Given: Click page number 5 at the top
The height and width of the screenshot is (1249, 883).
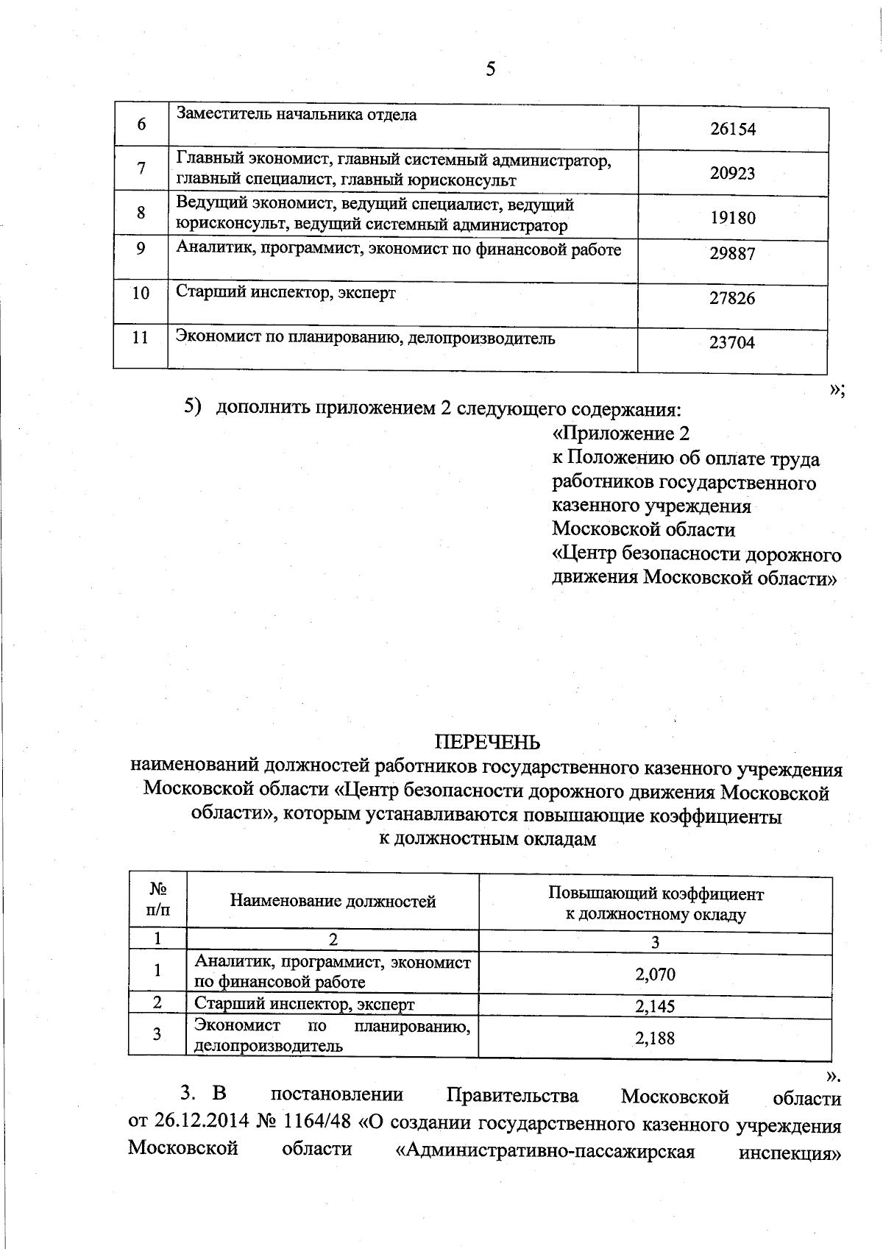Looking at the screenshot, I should [x=491, y=68].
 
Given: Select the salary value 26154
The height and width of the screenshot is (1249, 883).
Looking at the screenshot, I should [x=733, y=130].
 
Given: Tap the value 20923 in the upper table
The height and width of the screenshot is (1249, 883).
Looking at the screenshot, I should [x=733, y=174].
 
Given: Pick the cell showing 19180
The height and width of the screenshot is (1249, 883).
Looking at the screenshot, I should [x=733, y=218].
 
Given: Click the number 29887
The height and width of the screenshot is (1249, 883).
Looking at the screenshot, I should [x=732, y=254].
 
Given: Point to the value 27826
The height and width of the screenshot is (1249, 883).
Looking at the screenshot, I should [x=732, y=298].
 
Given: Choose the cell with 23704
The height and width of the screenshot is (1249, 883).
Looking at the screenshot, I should [x=732, y=342].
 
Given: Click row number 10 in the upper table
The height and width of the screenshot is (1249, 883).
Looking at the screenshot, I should [x=141, y=294].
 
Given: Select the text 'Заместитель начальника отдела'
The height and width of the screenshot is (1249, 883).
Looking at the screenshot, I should [x=297, y=115].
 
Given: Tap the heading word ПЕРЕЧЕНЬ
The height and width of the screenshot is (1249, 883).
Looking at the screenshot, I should [x=487, y=741].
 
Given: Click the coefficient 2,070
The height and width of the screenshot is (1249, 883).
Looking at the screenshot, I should [x=655, y=975].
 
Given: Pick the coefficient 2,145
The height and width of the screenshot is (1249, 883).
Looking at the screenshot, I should [x=655, y=1006].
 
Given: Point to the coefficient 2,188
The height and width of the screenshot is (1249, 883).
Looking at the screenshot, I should [x=655, y=1039].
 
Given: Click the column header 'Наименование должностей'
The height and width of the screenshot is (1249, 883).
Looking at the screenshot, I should [x=333, y=902].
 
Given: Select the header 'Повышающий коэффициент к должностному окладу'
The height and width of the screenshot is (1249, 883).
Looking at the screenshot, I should [x=655, y=905].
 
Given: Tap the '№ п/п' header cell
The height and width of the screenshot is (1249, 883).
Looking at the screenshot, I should [x=157, y=899].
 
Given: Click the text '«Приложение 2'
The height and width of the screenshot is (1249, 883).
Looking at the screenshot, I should [x=620, y=433].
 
